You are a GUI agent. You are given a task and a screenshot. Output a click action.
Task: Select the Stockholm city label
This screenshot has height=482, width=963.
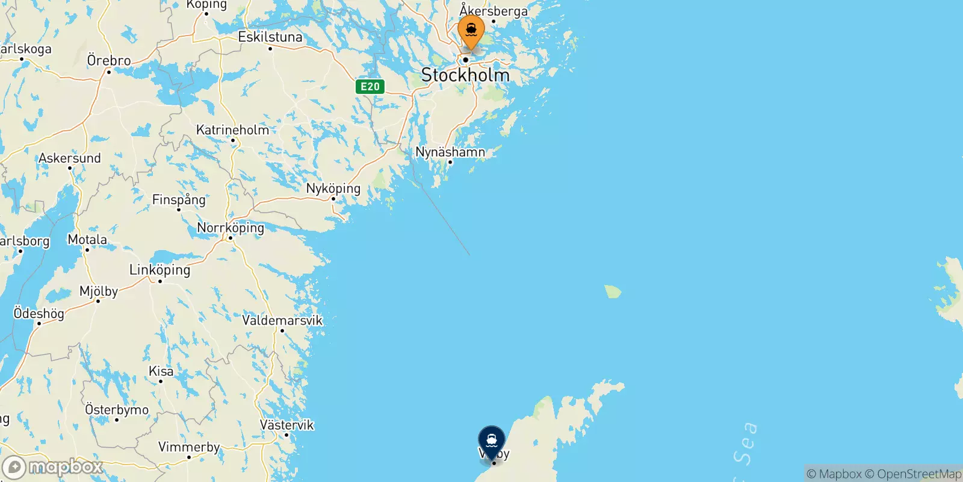click(465, 75)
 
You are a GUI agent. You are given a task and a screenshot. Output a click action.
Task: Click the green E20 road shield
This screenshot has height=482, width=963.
click(370, 86)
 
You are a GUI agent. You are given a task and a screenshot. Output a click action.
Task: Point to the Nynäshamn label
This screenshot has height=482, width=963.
click(450, 152)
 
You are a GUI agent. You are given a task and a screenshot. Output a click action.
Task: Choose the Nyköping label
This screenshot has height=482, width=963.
click(333, 188)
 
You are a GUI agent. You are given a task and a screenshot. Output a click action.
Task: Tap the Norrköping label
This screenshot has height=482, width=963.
click(231, 228)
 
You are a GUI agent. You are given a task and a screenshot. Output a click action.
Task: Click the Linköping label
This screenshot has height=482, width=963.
click(160, 270)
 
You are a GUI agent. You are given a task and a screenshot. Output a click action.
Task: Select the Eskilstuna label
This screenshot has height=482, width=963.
click(270, 37)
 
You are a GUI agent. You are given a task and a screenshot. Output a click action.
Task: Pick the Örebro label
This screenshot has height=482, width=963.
click(109, 60)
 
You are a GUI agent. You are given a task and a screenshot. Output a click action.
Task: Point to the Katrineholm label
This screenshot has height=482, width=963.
click(233, 130)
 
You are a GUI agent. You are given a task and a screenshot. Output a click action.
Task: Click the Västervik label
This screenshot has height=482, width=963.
click(287, 425)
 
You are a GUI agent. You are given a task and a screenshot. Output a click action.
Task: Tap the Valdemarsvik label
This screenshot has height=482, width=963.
click(282, 320)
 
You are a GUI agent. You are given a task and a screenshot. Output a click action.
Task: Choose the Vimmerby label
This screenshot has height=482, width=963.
click(189, 447)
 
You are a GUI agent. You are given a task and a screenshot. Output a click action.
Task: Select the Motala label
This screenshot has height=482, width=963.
click(87, 239)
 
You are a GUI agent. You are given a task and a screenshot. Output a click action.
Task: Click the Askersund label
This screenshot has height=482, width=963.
click(70, 158)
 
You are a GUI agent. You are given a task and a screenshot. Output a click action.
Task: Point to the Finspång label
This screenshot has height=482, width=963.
click(179, 199)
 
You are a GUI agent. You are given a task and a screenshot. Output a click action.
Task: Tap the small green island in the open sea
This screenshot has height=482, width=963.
click(613, 292)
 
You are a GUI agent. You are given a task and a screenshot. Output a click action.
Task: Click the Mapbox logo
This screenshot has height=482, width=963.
click(53, 467)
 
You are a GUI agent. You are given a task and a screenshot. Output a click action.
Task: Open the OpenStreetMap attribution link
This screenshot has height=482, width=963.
click(913, 474)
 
